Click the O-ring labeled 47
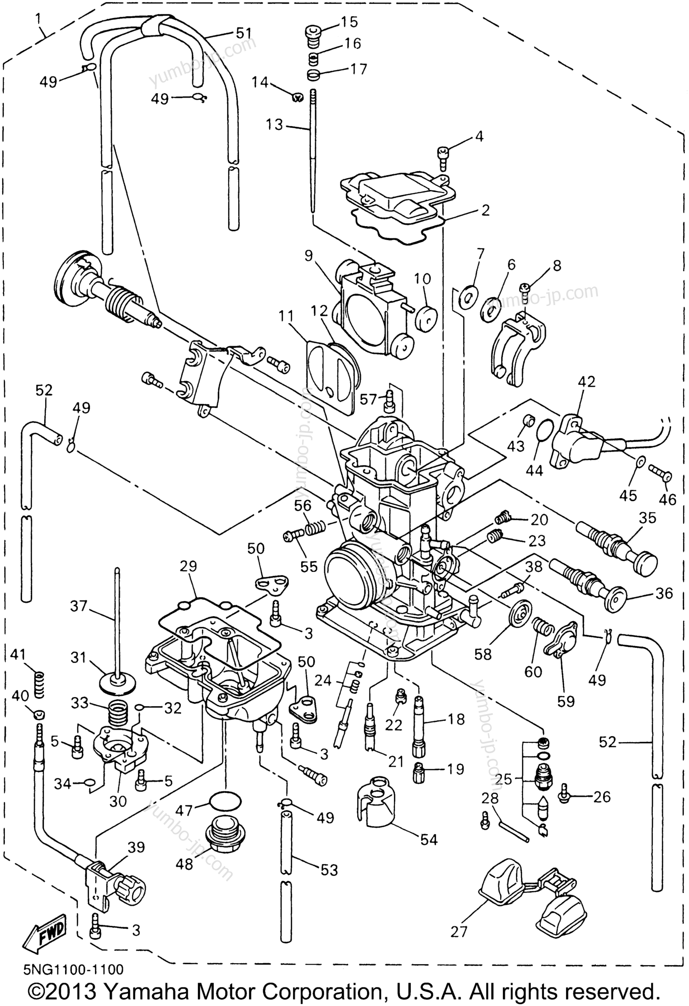click(x=225, y=800)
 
